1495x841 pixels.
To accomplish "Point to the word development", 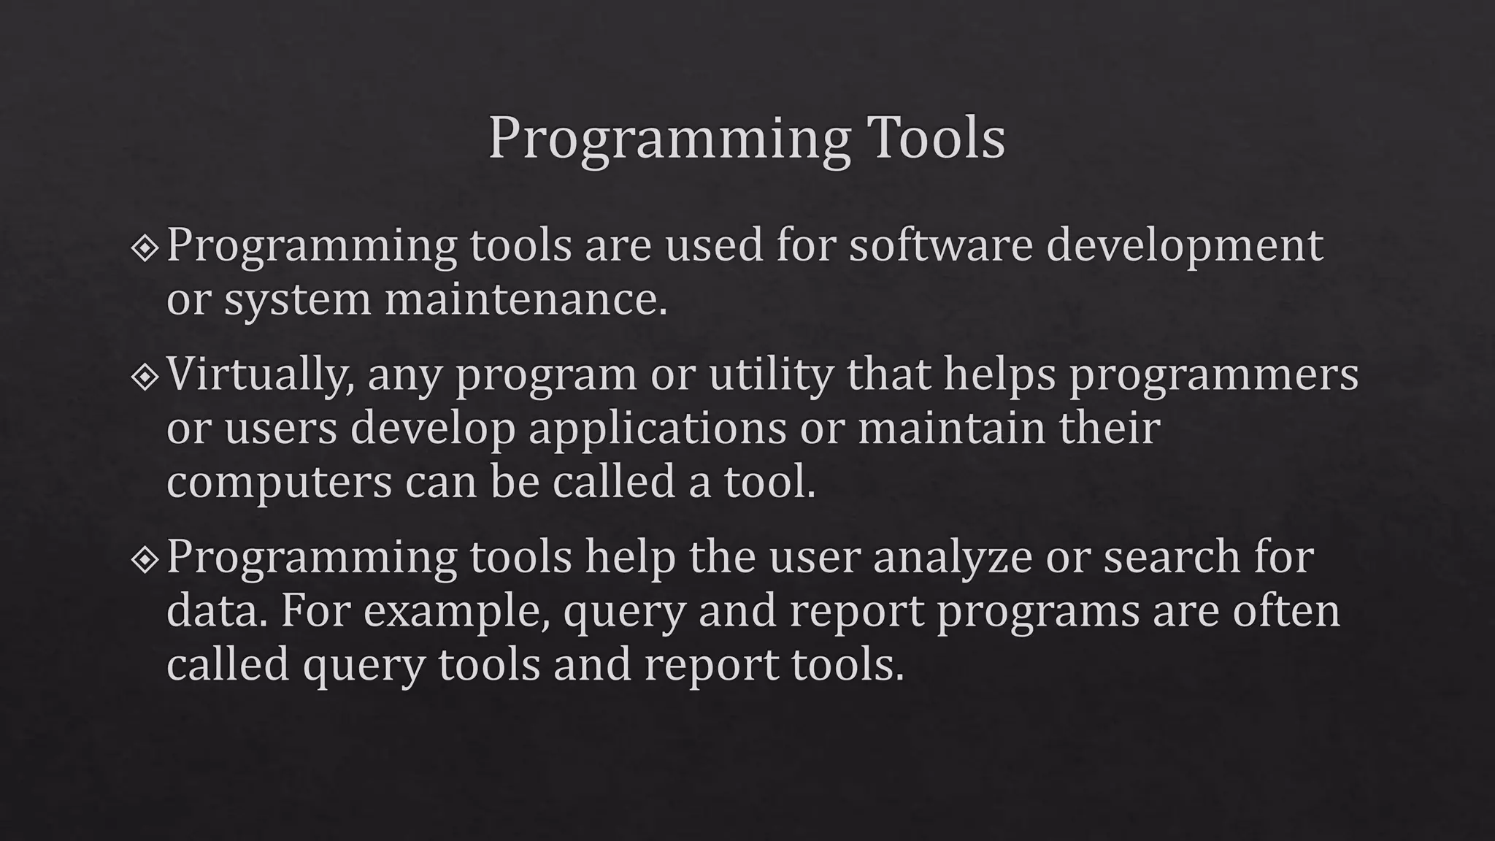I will pyautogui.click(x=1184, y=247).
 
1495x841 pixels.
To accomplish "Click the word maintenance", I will pyautogui.click(x=526, y=299).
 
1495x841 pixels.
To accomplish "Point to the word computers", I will pyautogui.click(x=279, y=483).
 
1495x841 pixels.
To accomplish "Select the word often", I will pyautogui.click(x=1286, y=610).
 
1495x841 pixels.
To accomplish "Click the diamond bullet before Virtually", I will pyautogui.click(x=145, y=377).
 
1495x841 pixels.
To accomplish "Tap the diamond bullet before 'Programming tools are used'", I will pyautogui.click(x=145, y=249).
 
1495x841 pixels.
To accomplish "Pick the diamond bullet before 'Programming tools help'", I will pyautogui.click(x=145, y=560).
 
